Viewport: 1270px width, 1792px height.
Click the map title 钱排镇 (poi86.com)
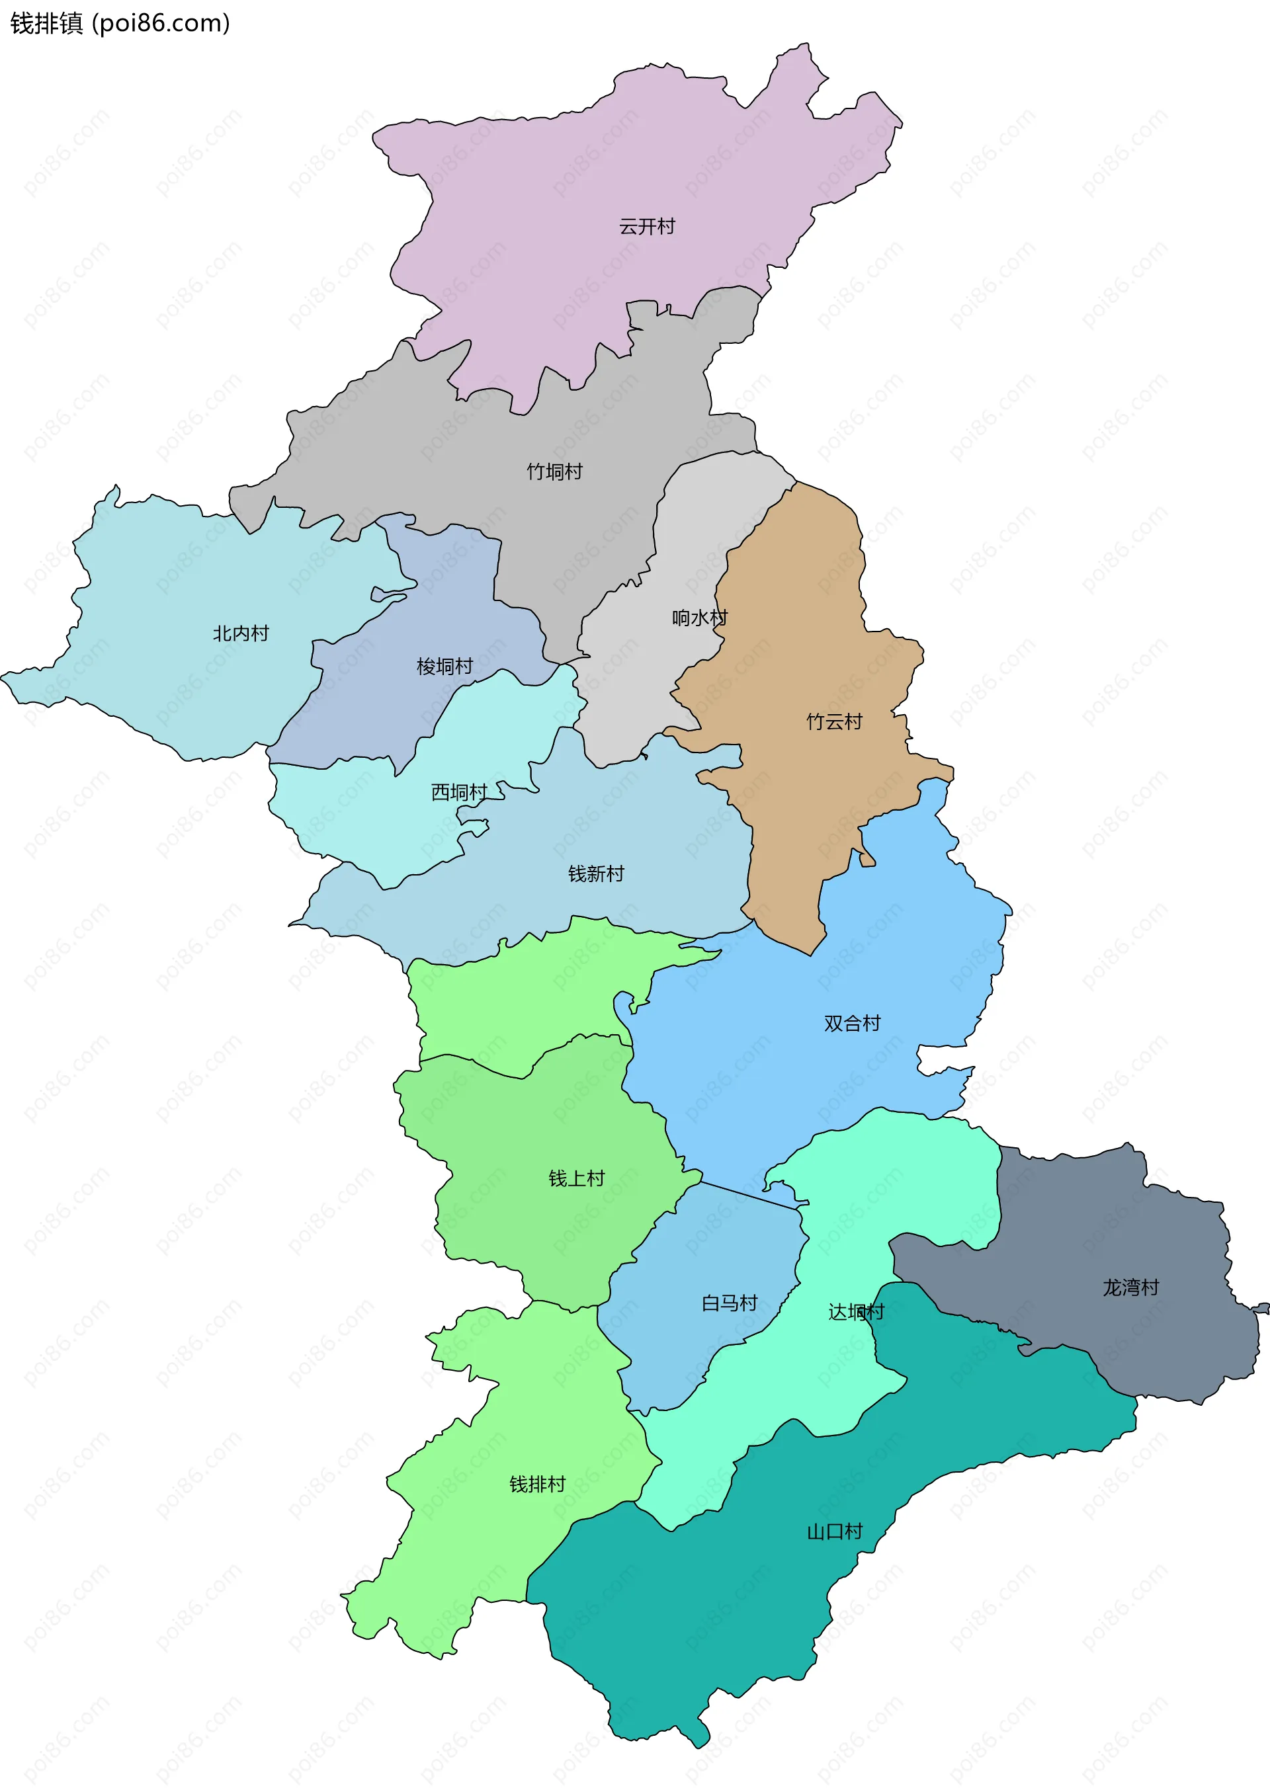pyautogui.click(x=120, y=23)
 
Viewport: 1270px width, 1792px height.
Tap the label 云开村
pyautogui.click(x=647, y=227)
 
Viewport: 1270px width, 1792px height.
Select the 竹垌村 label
pyautogui.click(x=554, y=471)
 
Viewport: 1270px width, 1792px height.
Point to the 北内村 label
pyautogui.click(x=241, y=633)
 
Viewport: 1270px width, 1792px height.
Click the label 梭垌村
pyautogui.click(x=444, y=666)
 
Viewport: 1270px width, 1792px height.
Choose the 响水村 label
pyautogui.click(x=699, y=618)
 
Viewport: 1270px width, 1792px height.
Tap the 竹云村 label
pyautogui.click(x=833, y=721)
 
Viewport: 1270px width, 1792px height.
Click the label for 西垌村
pyautogui.click(x=459, y=792)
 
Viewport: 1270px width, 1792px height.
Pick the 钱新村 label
pyautogui.click(x=596, y=874)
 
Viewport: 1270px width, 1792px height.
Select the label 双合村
pyautogui.click(x=851, y=1024)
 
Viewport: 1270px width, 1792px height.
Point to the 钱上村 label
pyautogui.click(x=576, y=1178)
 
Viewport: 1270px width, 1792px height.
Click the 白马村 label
pyautogui.click(x=729, y=1303)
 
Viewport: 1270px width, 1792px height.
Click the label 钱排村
pyautogui.click(x=537, y=1484)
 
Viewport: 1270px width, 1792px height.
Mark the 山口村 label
pyautogui.click(x=834, y=1531)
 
